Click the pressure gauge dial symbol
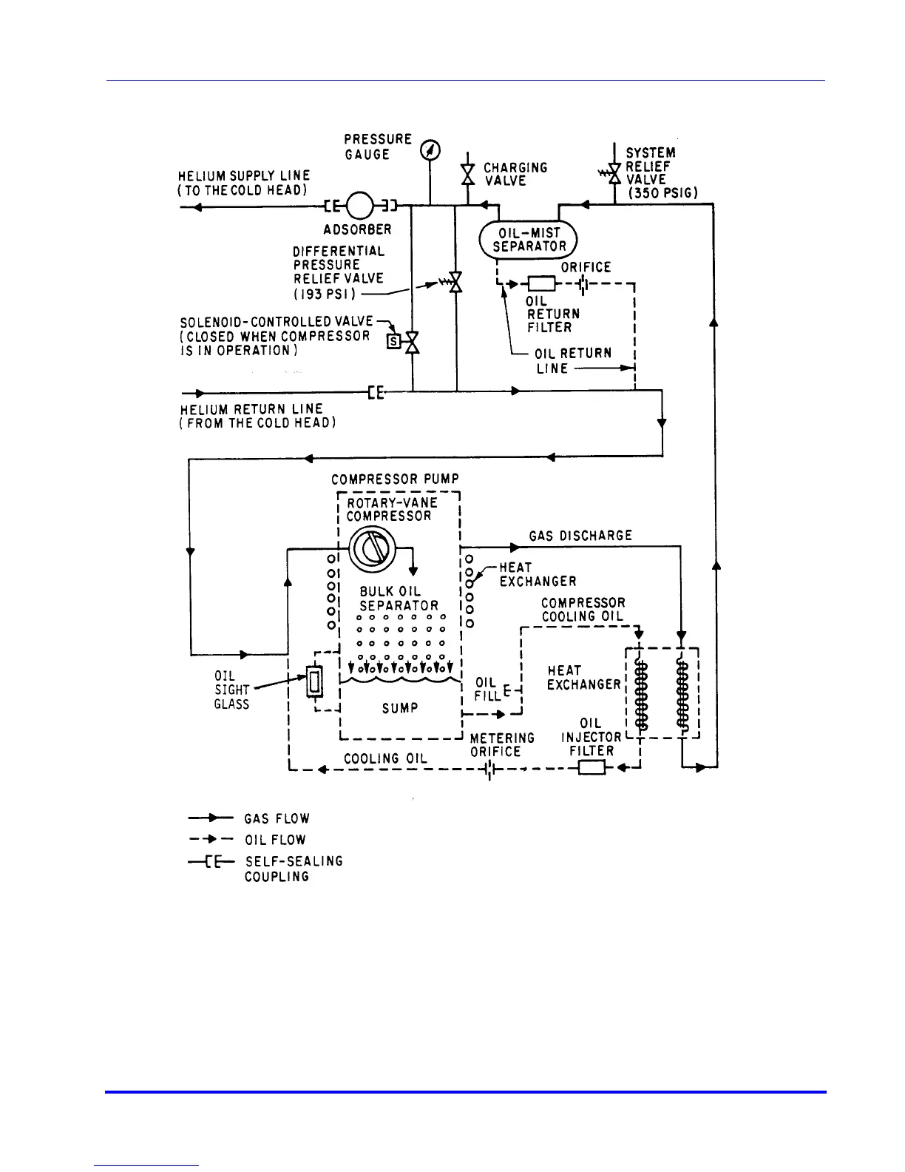coord(430,150)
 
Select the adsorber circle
coord(359,205)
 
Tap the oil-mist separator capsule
coord(528,240)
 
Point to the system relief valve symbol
coord(613,175)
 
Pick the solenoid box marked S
coord(394,342)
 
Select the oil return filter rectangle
coord(542,283)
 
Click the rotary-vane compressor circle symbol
coord(372,548)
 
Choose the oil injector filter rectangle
coord(592,767)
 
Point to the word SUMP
coord(400,708)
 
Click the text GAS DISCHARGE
coord(580,536)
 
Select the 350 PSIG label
coord(662,193)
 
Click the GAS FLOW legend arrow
coord(211,818)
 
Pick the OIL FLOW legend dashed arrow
coord(211,840)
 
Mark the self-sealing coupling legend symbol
coord(211,862)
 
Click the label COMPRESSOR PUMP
coord(395,479)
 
